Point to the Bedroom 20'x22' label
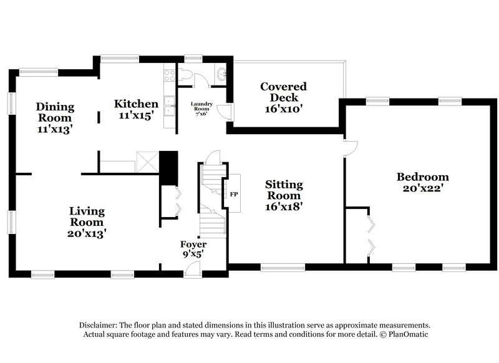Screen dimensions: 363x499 (x=422, y=182)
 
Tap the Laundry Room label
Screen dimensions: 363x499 (x=201, y=108)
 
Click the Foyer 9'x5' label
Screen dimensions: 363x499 (x=193, y=249)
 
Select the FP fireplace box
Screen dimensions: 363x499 (x=235, y=194)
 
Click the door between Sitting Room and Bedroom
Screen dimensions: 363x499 (x=349, y=147)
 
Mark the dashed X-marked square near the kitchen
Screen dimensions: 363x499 (x=148, y=162)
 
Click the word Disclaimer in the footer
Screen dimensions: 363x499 (x=99, y=326)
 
